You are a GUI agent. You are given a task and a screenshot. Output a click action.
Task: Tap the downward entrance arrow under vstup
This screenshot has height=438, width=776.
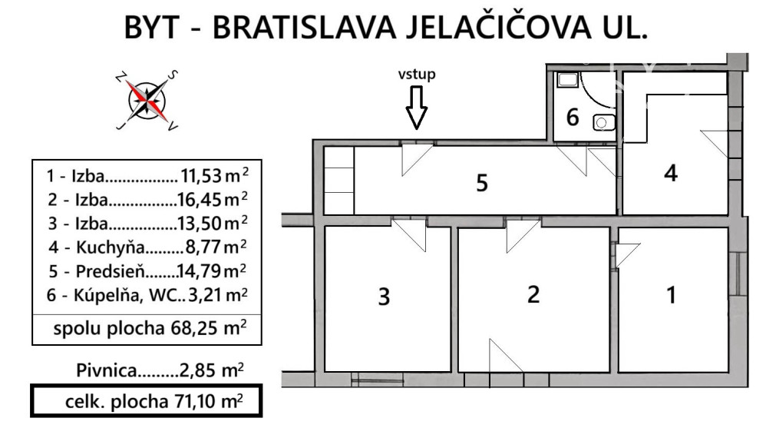pyautogui.click(x=416, y=107)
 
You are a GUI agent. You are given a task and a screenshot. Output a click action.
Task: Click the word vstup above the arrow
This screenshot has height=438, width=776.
pyautogui.click(x=416, y=75)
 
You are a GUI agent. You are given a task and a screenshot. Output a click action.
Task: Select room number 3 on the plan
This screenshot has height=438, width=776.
pyautogui.click(x=385, y=297)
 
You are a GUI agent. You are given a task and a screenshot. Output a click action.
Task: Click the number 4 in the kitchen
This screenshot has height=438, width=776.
pyautogui.click(x=670, y=174)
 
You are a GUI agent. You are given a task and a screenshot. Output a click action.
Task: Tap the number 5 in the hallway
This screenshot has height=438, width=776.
pyautogui.click(x=482, y=184)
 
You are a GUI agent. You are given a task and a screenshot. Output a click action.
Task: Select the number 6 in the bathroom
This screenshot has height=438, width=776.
pyautogui.click(x=573, y=118)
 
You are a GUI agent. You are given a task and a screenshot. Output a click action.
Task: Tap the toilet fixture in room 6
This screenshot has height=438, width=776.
pyautogui.click(x=604, y=121)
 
